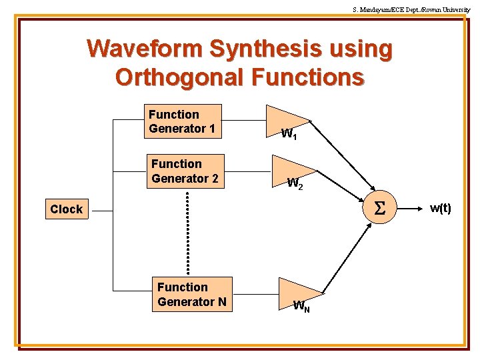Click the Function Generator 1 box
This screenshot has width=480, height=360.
pos(182,121)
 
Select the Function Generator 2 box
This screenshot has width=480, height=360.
pos(185,171)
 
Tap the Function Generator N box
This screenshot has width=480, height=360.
pos(192,295)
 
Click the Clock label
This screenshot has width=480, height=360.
pos(66,209)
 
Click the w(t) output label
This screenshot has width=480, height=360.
pos(440,209)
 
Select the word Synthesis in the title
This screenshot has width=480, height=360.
pos(265,49)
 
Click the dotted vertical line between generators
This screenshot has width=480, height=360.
pos(188,233)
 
